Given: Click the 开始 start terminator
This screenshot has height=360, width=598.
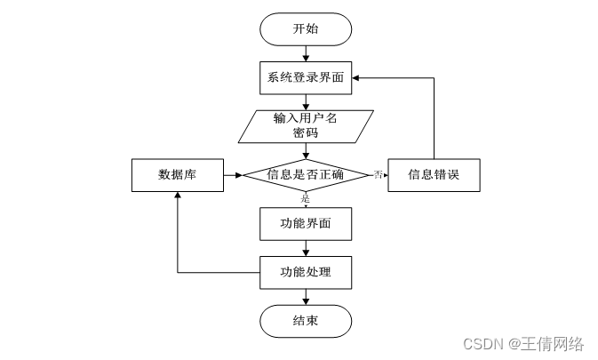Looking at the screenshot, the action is pyautogui.click(x=306, y=29).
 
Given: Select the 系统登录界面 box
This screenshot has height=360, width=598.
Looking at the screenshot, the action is pyautogui.click(x=306, y=78).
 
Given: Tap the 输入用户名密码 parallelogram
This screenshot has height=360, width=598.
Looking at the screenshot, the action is pyautogui.click(x=306, y=126).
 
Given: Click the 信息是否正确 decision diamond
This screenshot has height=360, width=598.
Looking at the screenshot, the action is pyautogui.click(x=306, y=175).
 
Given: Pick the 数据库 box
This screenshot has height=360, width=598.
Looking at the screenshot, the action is pyautogui.click(x=178, y=175).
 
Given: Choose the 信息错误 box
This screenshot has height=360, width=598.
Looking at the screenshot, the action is pyautogui.click(x=434, y=175).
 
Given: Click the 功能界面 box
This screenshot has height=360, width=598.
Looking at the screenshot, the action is pyautogui.click(x=306, y=224).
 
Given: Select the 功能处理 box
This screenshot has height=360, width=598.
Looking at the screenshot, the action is pyautogui.click(x=306, y=272).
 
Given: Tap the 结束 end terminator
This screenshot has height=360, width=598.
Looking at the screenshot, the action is pyautogui.click(x=306, y=321).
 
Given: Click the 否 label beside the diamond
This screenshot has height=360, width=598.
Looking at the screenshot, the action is pyautogui.click(x=378, y=175).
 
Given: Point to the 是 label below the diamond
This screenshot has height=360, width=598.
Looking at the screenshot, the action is pyautogui.click(x=305, y=198).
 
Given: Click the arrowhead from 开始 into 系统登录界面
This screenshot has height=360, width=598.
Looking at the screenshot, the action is pyautogui.click(x=306, y=58).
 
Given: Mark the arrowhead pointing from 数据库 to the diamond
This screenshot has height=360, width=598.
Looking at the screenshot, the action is pyautogui.click(x=239, y=175).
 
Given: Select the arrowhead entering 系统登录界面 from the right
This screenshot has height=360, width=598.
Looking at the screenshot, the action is pyautogui.click(x=355, y=78).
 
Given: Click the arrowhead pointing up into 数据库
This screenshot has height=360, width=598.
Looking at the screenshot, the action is pyautogui.click(x=178, y=196).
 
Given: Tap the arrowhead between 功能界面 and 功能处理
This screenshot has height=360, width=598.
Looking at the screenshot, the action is pyautogui.click(x=306, y=252).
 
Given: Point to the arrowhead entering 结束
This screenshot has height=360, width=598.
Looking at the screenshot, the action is pyautogui.click(x=306, y=301).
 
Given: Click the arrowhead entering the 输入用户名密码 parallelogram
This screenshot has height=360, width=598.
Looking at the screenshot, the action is pyautogui.click(x=306, y=107).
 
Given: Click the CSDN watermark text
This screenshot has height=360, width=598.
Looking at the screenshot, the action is pyautogui.click(x=523, y=344).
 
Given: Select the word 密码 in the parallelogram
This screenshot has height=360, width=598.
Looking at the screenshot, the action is pyautogui.click(x=306, y=133).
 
